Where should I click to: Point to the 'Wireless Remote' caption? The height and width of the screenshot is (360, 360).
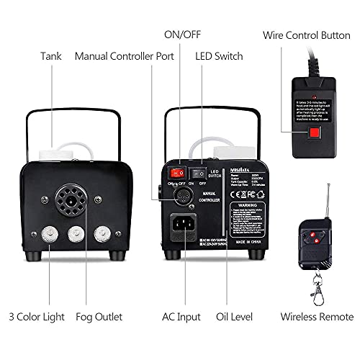(x=318, y=316)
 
